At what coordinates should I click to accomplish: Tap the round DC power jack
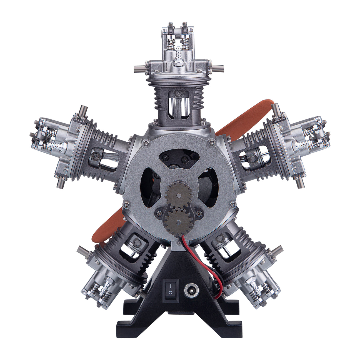[x=190, y=290]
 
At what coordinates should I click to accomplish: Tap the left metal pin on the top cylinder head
[x=141, y=68]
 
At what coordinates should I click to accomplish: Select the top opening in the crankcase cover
[x=179, y=159]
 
